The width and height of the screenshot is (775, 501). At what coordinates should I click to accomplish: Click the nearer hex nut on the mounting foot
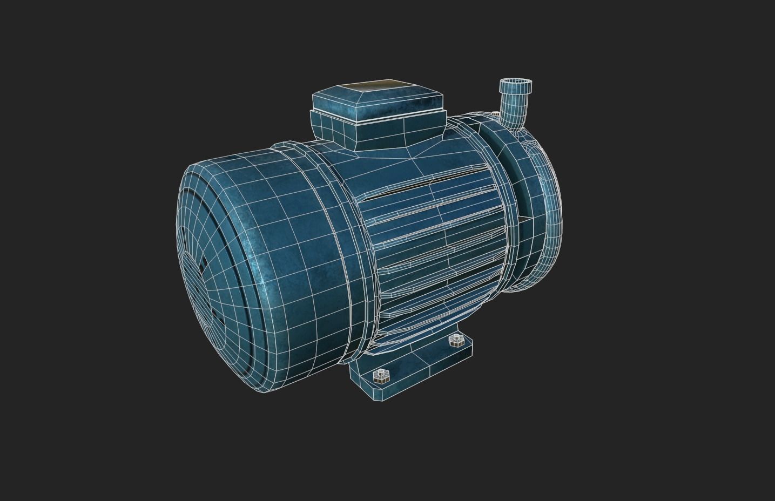point(382,375)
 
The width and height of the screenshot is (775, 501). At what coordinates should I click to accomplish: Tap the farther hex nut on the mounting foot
point(457,340)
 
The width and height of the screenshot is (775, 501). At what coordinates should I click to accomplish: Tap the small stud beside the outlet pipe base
point(496,113)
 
